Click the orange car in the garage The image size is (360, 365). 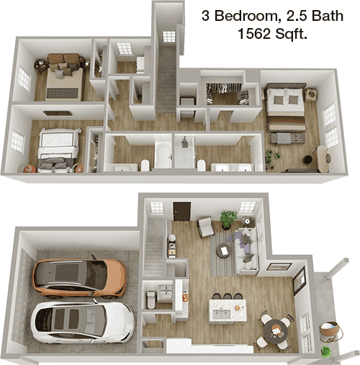79,278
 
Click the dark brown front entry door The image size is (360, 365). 182,211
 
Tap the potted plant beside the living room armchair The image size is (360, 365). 228,220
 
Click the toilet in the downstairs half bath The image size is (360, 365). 151,299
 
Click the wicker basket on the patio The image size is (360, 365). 330,331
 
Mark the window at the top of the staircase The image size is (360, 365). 169,37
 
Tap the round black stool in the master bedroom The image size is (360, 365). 307,160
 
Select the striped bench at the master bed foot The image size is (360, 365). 287,139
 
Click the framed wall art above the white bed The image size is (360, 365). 58,113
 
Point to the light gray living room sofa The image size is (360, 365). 246,251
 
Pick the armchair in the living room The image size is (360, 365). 206,226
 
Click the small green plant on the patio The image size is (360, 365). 326,351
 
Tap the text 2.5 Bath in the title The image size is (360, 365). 312,16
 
